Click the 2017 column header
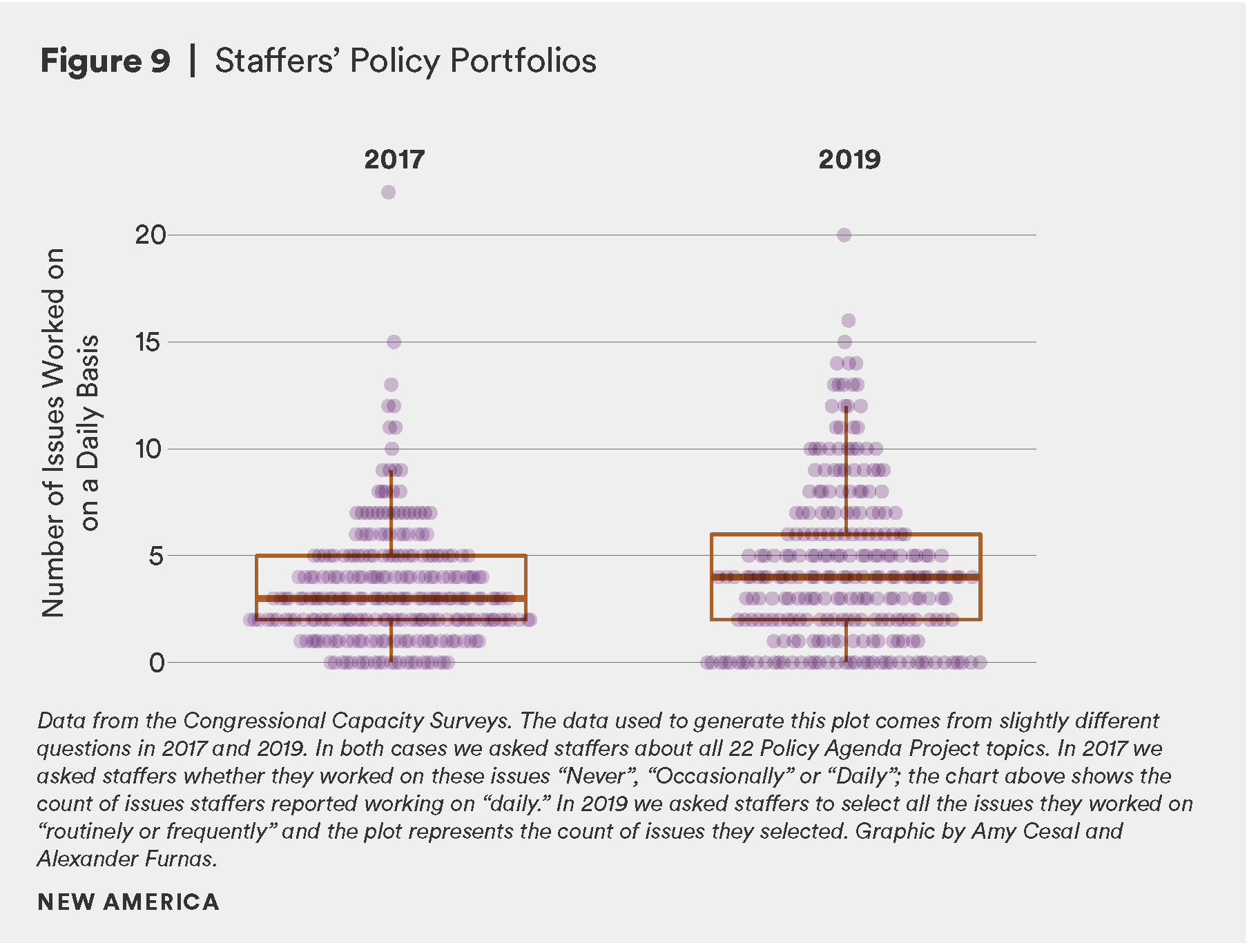(394, 159)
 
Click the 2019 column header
(849, 159)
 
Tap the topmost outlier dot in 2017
(388, 192)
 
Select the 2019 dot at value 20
(844, 235)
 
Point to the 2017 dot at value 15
(394, 342)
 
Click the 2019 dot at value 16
(849, 320)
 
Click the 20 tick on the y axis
(151, 235)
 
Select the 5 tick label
(156, 556)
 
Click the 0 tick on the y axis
(157, 663)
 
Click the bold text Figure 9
(105, 61)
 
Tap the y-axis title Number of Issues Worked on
(54, 432)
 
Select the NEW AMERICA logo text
(128, 902)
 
